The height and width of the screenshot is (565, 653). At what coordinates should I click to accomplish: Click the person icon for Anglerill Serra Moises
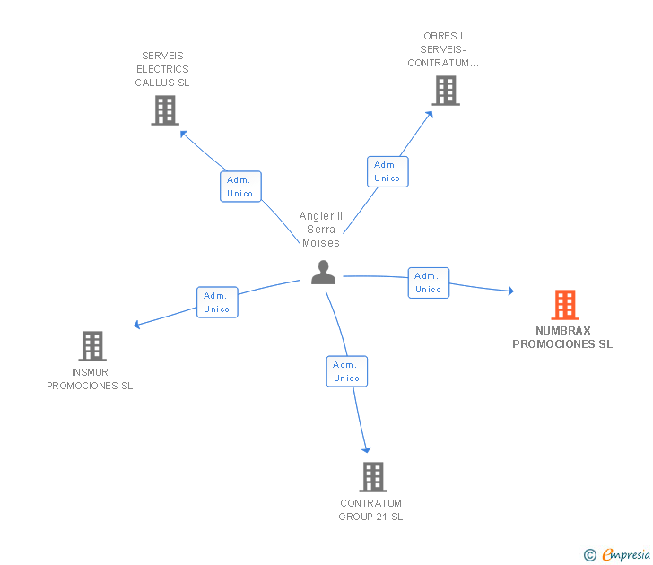323,272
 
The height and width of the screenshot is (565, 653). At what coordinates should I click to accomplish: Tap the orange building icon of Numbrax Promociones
564,305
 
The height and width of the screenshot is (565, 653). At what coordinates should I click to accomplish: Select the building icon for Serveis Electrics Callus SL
164,110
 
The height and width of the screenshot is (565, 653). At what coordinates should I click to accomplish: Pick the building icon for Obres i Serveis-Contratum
445,91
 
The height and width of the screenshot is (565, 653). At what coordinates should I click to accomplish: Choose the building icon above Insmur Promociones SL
91,346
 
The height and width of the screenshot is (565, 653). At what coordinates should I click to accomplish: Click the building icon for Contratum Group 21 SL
372,477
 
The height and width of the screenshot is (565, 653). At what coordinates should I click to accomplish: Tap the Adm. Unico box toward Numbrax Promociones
428,282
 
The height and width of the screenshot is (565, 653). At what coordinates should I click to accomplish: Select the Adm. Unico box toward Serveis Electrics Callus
240,187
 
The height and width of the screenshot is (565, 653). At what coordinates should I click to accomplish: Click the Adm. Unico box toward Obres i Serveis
387,171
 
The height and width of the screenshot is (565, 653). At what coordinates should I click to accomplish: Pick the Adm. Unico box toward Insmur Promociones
217,302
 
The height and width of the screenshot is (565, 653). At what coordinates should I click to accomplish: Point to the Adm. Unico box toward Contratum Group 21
346,371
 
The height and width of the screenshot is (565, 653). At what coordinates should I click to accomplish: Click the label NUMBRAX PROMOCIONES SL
562,337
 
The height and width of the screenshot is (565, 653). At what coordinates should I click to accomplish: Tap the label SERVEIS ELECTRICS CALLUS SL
162,69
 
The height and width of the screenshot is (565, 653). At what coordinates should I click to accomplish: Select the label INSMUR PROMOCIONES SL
90,379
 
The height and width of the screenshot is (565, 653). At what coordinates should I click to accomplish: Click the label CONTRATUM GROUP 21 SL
370,509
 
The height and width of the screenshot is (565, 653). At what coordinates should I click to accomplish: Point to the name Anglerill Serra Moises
321,230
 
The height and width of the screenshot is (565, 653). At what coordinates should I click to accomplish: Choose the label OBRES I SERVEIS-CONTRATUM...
443,49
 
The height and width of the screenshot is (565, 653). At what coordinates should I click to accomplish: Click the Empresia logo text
625,554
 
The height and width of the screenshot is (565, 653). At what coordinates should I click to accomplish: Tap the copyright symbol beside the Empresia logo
590,555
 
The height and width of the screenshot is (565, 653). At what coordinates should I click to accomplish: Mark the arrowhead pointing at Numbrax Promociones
510,291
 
